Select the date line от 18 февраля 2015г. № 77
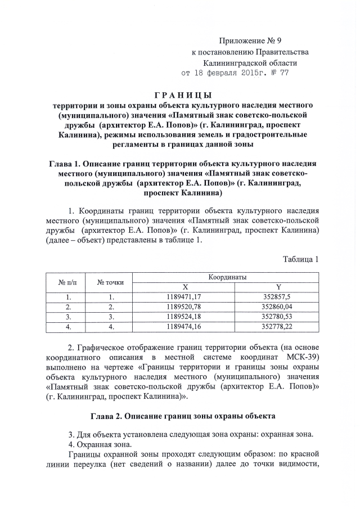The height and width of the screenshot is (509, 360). [235, 73]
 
